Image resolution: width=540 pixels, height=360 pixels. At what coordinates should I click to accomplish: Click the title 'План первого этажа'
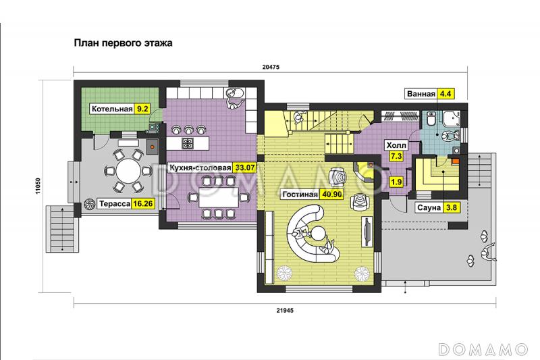[123, 43]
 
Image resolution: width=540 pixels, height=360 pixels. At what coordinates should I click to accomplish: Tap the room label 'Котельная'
[112, 109]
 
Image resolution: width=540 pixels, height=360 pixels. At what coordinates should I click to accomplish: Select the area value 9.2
[142, 109]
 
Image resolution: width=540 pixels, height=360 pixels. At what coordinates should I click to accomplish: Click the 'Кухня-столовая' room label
[200, 168]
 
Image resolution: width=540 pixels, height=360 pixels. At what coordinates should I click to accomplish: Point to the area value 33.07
[245, 168]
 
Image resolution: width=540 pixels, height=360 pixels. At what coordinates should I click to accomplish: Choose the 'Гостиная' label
[300, 195]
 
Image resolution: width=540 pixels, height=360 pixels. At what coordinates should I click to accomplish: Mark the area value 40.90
[332, 195]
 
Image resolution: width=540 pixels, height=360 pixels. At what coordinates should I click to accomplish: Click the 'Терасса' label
[115, 203]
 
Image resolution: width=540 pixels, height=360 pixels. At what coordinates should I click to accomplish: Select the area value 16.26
[143, 203]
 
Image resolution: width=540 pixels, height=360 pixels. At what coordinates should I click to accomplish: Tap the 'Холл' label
[396, 145]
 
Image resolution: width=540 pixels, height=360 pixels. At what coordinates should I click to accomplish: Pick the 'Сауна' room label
[429, 208]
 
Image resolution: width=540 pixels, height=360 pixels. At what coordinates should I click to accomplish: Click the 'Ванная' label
[421, 94]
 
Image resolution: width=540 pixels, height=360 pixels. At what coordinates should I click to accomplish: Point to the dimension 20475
[271, 67]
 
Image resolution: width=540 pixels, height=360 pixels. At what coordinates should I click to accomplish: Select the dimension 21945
[285, 311]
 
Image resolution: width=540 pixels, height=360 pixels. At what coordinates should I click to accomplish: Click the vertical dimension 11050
[38, 186]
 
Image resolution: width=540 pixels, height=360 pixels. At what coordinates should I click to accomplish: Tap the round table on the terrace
[128, 171]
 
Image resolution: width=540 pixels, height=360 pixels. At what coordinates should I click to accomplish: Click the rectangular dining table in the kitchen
[218, 197]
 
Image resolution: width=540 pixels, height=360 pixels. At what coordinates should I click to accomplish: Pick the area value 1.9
[396, 182]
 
